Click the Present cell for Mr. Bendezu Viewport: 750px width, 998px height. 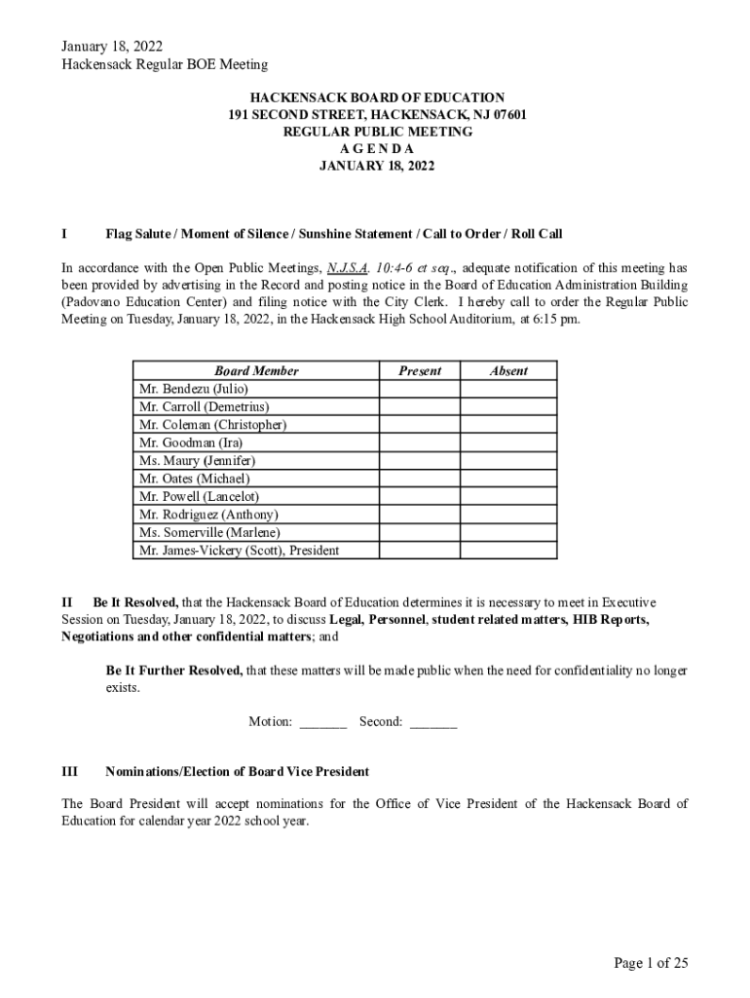[419, 389]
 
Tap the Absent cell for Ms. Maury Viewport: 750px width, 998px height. [508, 460]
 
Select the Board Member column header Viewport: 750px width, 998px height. [256, 370]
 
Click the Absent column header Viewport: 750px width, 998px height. [508, 370]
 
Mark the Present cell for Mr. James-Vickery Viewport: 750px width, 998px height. [419, 551]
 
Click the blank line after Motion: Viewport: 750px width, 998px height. [323, 722]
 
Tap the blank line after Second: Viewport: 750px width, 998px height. [433, 722]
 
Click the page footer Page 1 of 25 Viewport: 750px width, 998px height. [651, 963]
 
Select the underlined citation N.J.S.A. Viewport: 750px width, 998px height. [348, 268]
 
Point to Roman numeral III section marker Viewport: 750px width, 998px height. [70, 772]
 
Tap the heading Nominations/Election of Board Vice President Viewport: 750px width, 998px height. [237, 772]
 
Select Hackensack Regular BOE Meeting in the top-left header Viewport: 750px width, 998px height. [165, 64]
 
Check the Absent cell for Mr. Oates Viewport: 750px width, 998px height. [508, 479]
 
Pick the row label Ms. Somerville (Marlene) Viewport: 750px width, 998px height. [209, 532]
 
